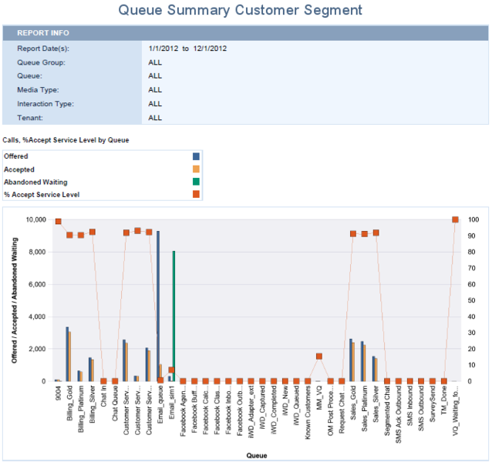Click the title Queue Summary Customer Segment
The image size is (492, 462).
pos(240,11)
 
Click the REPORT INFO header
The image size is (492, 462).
pos(44,33)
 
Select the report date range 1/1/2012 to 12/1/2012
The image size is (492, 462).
pos(187,48)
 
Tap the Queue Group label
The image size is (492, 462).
pos(42,62)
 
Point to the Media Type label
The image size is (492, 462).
pos(39,89)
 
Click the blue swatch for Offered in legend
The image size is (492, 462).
pos(196,156)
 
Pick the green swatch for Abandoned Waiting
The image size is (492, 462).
pos(196,182)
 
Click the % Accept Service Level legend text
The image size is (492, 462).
pos(42,195)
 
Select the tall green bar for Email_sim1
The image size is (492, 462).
pos(174,316)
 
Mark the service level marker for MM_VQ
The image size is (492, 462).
pos(319,356)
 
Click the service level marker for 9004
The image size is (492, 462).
pos(58,222)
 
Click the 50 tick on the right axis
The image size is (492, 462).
pos(473,300)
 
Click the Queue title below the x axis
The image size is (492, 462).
pos(256,455)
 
